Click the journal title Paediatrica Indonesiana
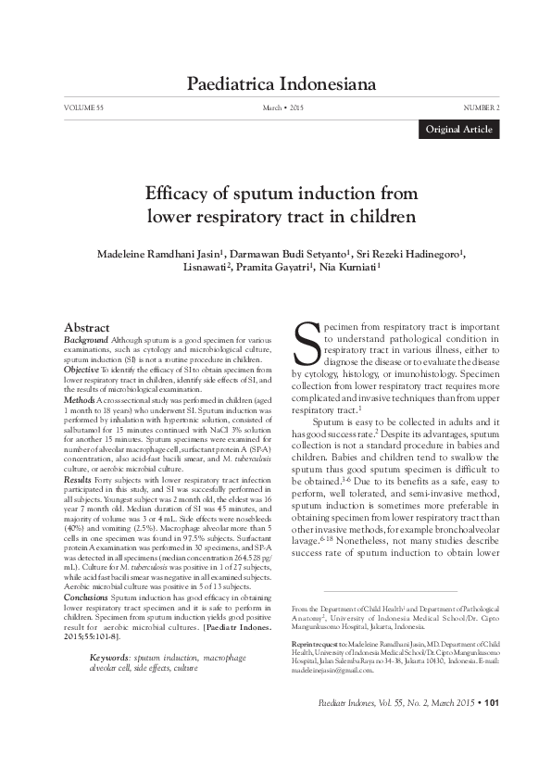[x=282, y=85]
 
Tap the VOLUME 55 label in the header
[x=84, y=108]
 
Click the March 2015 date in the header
[x=283, y=108]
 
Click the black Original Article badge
[x=458, y=130]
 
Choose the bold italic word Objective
[x=81, y=369]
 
